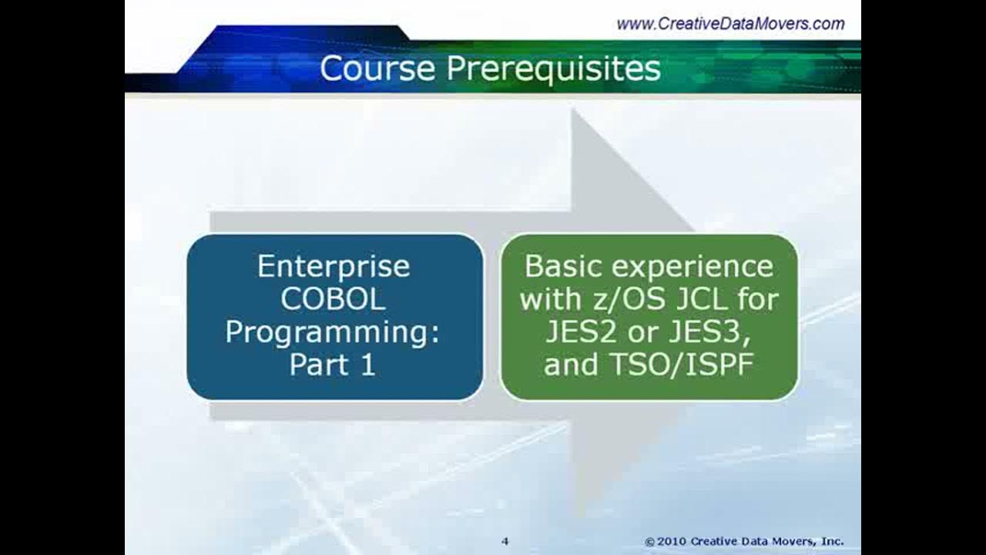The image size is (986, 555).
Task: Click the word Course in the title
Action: point(377,68)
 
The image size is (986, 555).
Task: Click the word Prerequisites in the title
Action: point(553,69)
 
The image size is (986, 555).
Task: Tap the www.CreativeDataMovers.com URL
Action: point(730,24)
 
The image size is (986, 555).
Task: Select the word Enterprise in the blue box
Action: point(334,267)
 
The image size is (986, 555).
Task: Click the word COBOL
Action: point(334,299)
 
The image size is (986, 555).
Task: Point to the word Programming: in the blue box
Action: point(334,332)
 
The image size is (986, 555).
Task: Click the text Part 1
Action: point(333,365)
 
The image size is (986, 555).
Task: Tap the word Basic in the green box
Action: point(564,267)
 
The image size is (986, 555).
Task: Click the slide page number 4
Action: point(505,541)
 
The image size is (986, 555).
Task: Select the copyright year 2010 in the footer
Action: point(673,541)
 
